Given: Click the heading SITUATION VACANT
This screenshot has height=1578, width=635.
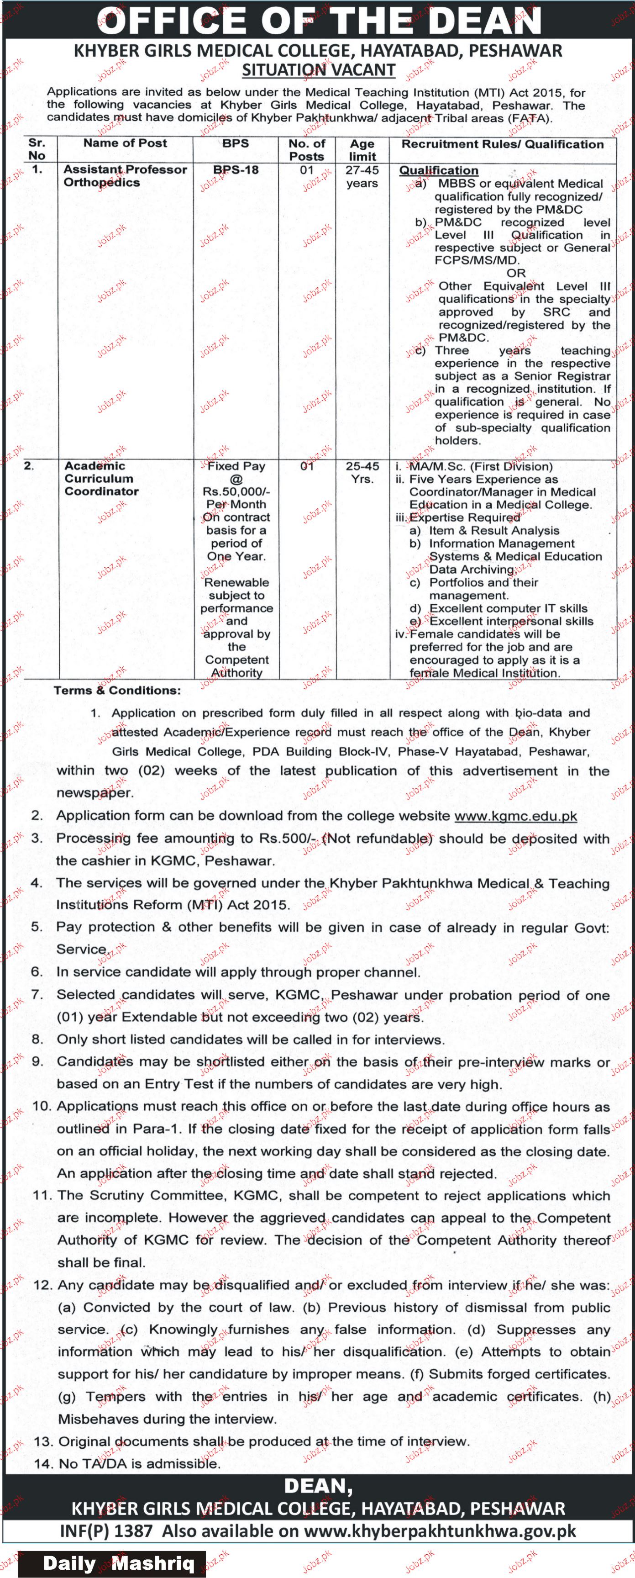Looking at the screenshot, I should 319,70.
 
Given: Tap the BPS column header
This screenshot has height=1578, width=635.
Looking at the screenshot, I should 236,143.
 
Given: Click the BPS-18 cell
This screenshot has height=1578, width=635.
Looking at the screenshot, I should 236,170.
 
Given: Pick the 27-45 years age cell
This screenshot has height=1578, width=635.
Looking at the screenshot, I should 362,176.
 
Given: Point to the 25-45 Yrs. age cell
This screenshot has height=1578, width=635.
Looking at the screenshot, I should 362,472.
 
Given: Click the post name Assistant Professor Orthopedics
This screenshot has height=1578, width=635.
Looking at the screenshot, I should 125,176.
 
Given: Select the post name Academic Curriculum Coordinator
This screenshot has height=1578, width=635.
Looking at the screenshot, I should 101,478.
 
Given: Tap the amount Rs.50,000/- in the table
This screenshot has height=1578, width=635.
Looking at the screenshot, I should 236,491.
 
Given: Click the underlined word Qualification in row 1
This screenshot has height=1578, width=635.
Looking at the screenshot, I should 438,170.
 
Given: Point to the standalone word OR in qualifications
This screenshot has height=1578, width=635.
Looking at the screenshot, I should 516,273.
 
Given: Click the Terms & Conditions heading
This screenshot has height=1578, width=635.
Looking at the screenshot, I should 117,691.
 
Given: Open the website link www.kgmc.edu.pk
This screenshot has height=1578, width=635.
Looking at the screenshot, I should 515,816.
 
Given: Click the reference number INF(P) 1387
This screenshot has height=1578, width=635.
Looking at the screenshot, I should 106,1531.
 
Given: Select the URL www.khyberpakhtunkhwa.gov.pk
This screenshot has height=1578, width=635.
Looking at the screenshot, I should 440,1531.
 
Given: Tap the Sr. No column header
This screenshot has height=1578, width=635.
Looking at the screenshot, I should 37,149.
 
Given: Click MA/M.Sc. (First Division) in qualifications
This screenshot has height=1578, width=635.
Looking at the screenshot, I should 481,467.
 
